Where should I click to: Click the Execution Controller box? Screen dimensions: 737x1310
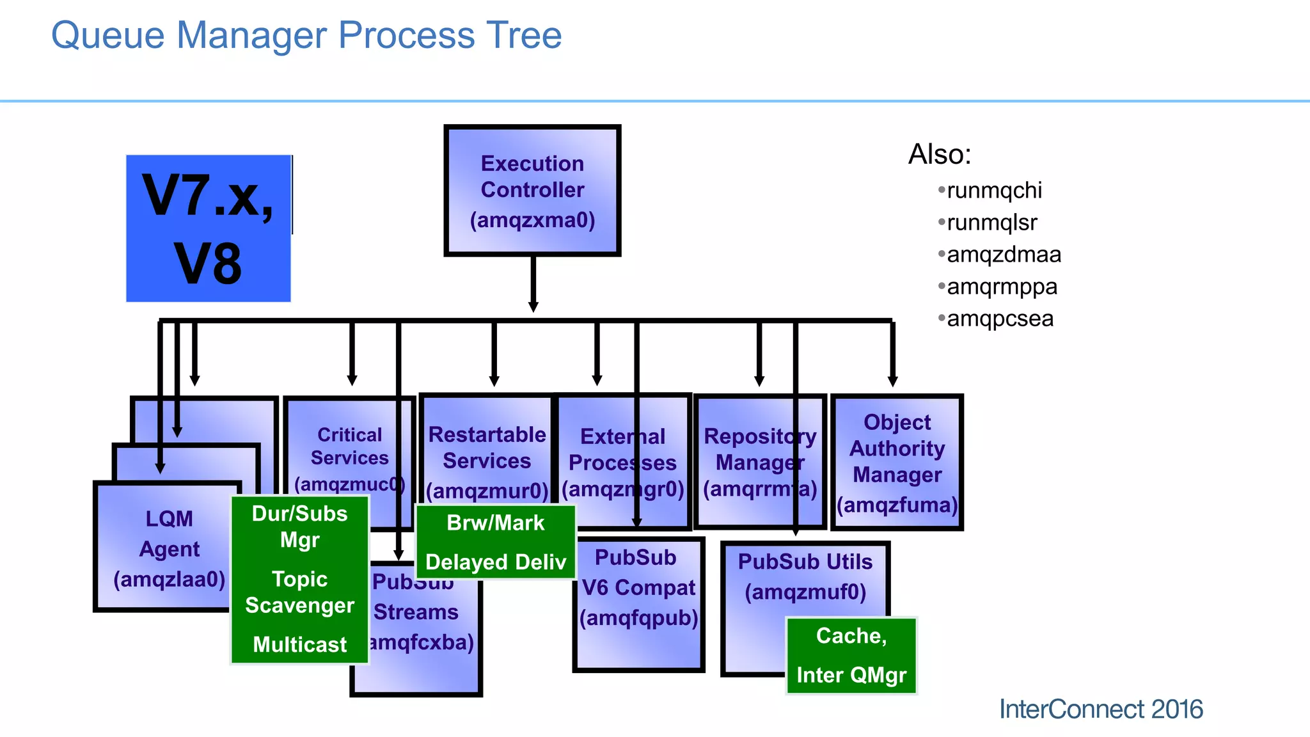click(x=532, y=191)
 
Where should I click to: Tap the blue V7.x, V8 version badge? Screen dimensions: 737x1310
click(x=209, y=228)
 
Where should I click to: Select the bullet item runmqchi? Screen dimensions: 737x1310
click(x=994, y=191)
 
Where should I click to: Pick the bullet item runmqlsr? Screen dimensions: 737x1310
click(x=991, y=223)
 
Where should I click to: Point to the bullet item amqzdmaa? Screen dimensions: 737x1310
click(x=1004, y=255)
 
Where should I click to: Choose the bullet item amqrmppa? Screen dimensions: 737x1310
click(x=1002, y=287)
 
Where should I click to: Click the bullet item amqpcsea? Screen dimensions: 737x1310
click(x=1000, y=319)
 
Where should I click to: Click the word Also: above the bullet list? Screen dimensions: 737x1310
click(x=940, y=154)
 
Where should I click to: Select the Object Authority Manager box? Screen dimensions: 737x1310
click(x=897, y=463)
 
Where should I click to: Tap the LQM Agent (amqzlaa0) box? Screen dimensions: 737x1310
click(x=168, y=549)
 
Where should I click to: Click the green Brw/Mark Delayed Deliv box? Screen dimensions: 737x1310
click(x=496, y=542)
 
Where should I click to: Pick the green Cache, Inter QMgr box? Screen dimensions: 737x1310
click(x=851, y=655)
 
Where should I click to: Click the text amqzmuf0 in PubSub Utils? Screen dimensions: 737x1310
click(x=805, y=592)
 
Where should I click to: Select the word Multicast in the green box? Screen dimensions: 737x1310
click(x=299, y=644)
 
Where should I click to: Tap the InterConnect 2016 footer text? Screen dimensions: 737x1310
click(x=1100, y=709)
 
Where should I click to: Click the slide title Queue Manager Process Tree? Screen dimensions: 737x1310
click(x=306, y=35)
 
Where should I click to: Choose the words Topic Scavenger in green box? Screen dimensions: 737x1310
click(x=299, y=592)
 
